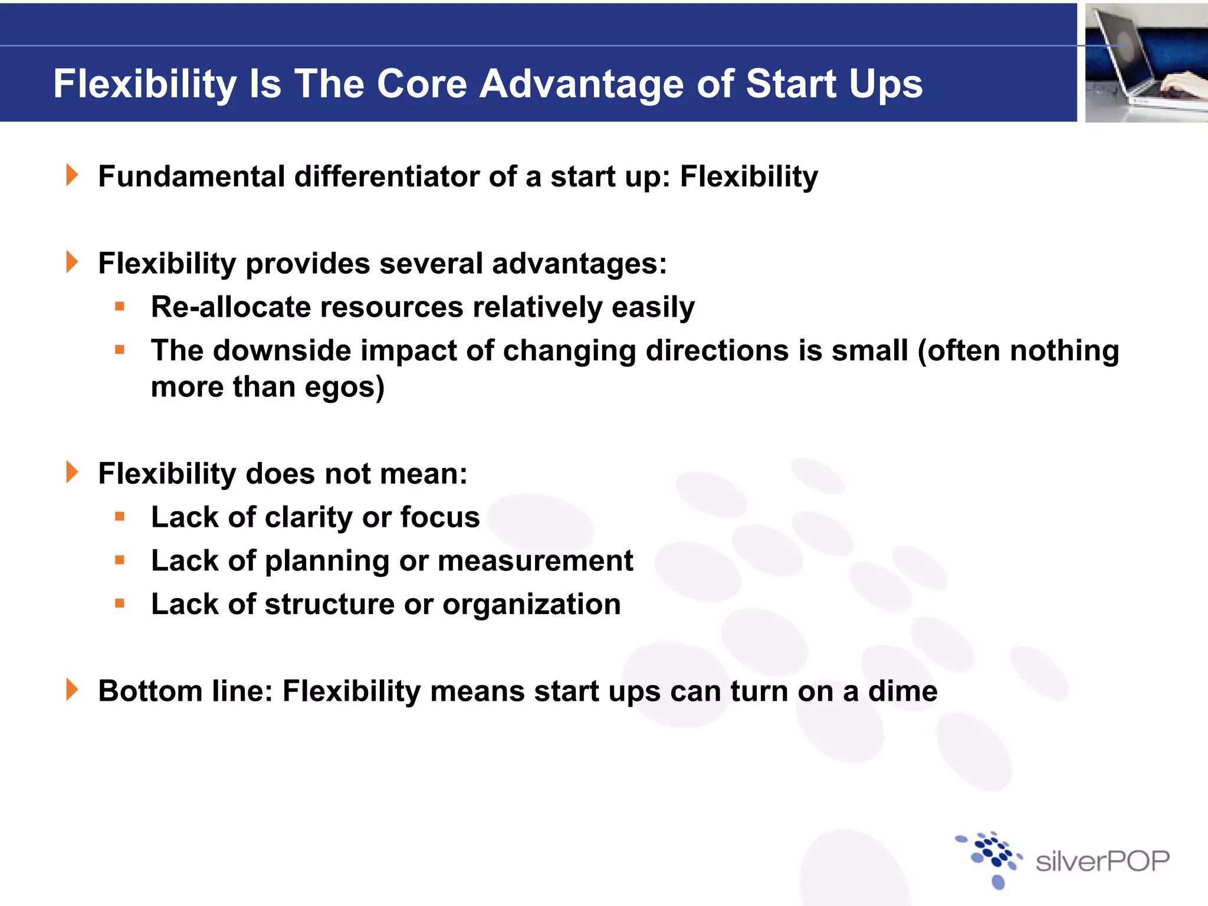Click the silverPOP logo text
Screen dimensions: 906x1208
(x=1102, y=862)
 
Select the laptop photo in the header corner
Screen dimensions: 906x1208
(x=1146, y=63)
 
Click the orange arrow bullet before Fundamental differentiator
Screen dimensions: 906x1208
(x=72, y=175)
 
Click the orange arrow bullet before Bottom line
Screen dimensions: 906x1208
(x=72, y=690)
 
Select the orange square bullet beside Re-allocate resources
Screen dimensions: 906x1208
(x=120, y=306)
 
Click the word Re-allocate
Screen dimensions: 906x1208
(x=231, y=307)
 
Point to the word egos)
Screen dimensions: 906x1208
(x=344, y=388)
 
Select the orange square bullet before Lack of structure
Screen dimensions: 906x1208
(x=120, y=603)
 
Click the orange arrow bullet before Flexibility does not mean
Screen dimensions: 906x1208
(x=72, y=472)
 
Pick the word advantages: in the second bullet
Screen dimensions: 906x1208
(x=579, y=263)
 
